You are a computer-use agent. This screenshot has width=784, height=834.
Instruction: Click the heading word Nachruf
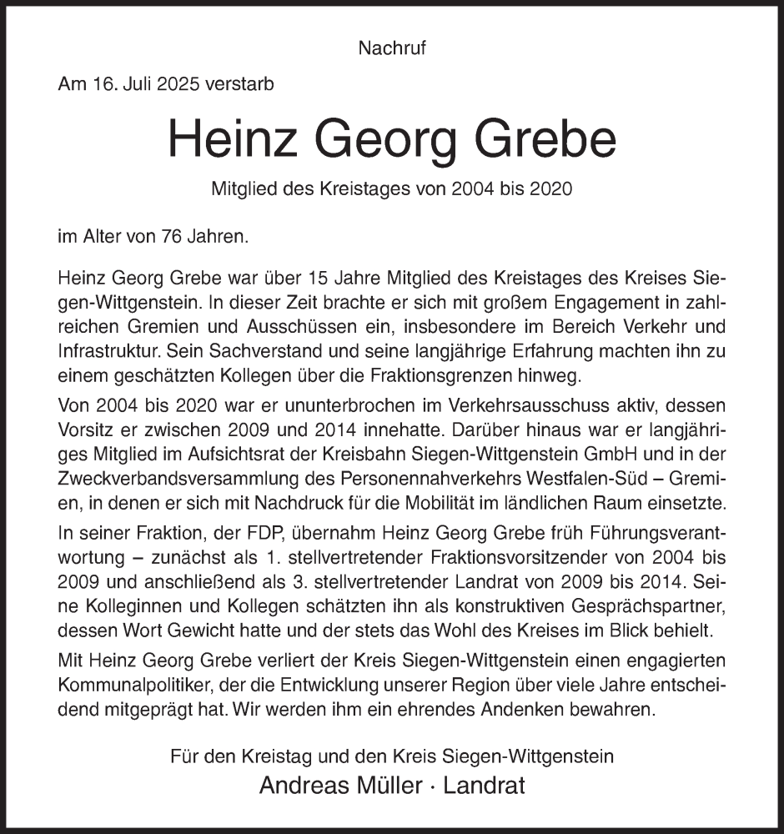pyautogui.click(x=392, y=48)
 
